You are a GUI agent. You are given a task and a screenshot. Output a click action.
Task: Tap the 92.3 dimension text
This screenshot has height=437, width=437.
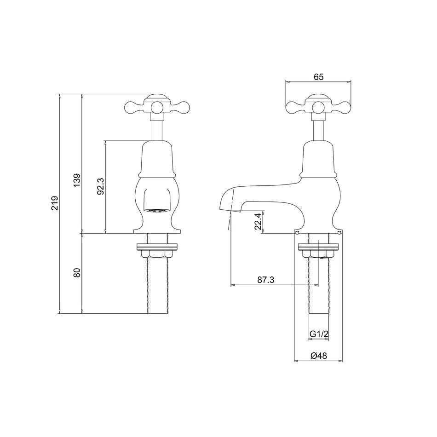(101, 186)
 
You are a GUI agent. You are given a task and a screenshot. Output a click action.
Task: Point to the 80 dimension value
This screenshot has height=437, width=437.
(77, 272)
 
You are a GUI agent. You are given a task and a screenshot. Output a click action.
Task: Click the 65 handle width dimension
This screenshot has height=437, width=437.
(318, 77)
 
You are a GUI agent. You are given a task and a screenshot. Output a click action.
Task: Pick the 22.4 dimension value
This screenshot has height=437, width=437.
(258, 221)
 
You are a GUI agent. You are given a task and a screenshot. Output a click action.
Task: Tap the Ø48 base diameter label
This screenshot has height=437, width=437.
(318, 356)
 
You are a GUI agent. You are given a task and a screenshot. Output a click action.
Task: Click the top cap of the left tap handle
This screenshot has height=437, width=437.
(157, 98)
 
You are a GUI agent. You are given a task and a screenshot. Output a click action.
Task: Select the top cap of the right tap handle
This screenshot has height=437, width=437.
(318, 98)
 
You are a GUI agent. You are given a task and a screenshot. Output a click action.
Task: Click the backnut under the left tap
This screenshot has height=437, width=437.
(157, 253)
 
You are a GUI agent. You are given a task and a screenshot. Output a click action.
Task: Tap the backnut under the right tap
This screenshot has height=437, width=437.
(318, 253)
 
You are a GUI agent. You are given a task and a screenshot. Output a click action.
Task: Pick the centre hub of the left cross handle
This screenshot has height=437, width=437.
(157, 108)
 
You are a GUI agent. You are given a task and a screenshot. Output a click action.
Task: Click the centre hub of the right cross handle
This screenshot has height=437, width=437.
(318, 108)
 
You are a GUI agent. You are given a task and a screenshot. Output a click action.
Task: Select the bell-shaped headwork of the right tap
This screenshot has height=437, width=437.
(318, 159)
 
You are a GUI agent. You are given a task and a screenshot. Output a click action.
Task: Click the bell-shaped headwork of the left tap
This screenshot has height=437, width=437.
(157, 159)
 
